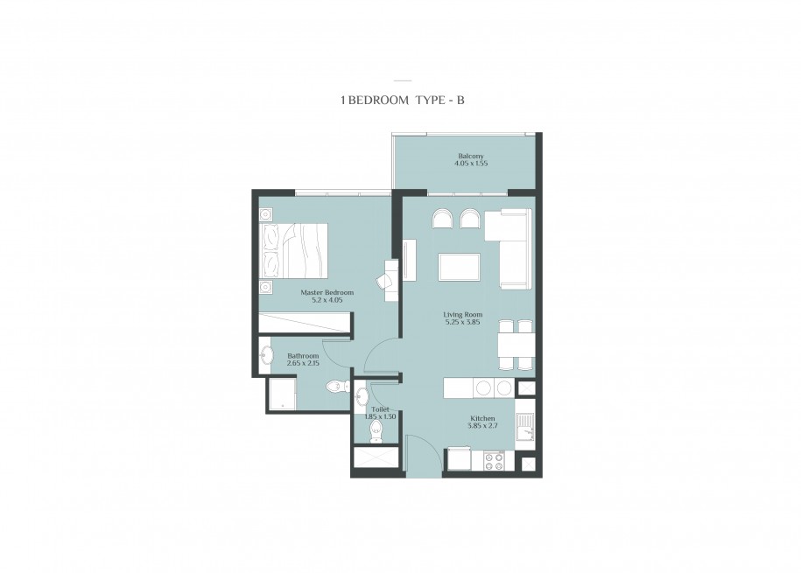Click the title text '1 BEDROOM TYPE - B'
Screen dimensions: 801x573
coord(403,100)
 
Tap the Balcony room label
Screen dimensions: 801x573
coord(471,157)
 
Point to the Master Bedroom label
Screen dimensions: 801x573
coord(327,293)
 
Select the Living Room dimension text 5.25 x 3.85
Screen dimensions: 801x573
coord(462,322)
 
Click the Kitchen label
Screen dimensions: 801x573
coord(482,418)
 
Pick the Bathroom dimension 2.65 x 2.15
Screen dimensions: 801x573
coord(303,363)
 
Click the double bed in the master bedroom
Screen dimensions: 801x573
coord(293,251)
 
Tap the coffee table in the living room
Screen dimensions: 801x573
coord(459,267)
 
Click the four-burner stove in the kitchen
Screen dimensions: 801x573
coord(494,461)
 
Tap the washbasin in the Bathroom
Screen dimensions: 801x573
coord(266,355)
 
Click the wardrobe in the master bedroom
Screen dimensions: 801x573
coord(304,323)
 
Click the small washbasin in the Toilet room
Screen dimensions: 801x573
coord(362,395)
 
